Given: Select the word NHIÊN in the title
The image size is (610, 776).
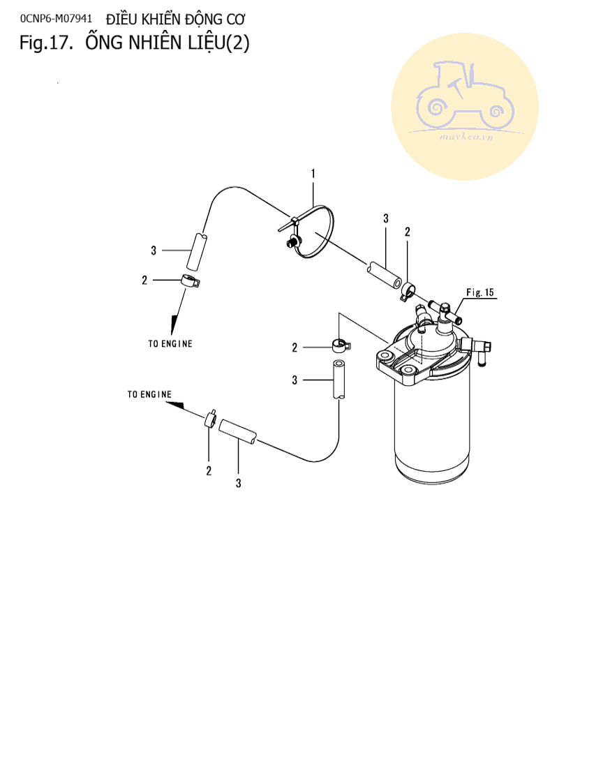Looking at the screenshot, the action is (x=158, y=43).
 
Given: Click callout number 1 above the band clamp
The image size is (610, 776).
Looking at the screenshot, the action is (x=313, y=172).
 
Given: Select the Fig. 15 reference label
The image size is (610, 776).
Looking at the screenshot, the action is (x=479, y=292).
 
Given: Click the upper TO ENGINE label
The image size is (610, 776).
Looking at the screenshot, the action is (x=170, y=344).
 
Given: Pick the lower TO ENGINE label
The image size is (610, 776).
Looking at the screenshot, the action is (x=149, y=394).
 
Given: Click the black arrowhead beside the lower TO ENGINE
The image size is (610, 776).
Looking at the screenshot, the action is (x=177, y=405).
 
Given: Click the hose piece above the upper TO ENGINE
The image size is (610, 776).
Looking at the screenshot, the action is (x=196, y=252).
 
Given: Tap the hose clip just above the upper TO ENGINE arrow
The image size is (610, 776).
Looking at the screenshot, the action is (x=189, y=281).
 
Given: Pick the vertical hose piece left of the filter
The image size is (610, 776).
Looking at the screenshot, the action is (x=339, y=380).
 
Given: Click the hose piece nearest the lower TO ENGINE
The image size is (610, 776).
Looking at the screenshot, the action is (x=237, y=431).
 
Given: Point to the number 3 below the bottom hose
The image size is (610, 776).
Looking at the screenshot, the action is (x=238, y=483).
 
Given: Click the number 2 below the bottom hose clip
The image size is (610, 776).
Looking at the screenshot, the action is (x=209, y=471).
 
